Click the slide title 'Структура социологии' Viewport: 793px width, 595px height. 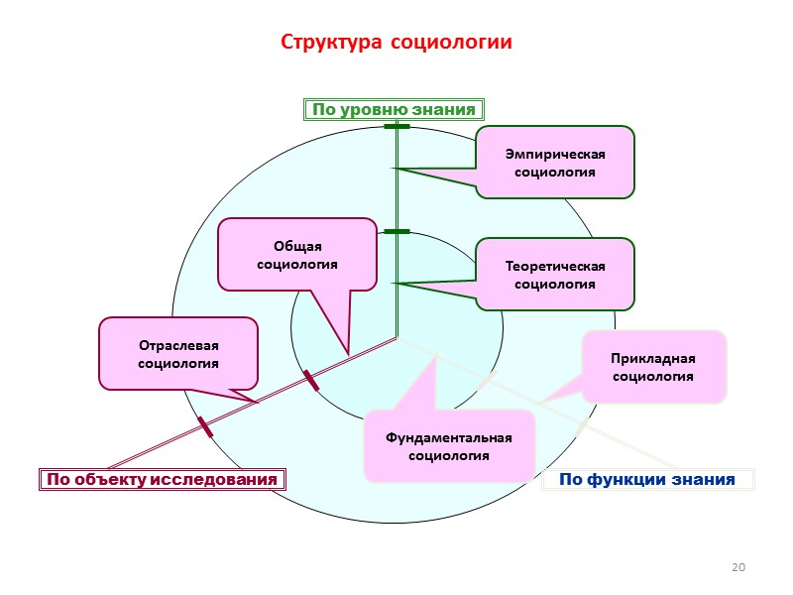coord(396,44)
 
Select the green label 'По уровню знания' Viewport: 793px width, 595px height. coord(396,109)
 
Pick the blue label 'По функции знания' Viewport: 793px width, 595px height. coord(646,480)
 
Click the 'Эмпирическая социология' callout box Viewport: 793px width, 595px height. coord(554,163)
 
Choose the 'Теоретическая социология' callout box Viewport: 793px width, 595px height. coord(554,275)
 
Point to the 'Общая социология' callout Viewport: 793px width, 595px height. coord(297,255)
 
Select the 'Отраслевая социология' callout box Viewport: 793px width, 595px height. coord(178,354)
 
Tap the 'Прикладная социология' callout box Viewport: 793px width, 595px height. coord(653,367)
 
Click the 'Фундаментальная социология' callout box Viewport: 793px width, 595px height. coord(450,446)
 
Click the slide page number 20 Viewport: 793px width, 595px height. coord(736,567)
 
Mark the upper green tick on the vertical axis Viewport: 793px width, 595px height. coord(396,127)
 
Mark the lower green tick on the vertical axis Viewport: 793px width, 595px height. coord(396,231)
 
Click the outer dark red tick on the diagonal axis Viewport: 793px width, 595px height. coord(205,427)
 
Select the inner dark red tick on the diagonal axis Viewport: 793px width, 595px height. coord(311,380)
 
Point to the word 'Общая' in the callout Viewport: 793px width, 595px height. coord(298,246)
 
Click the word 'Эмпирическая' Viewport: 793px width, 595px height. coord(554,154)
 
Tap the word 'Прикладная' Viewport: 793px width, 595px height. coord(653,358)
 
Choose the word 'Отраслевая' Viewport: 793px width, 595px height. coord(178,345)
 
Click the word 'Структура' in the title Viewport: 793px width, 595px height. coord(332,44)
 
